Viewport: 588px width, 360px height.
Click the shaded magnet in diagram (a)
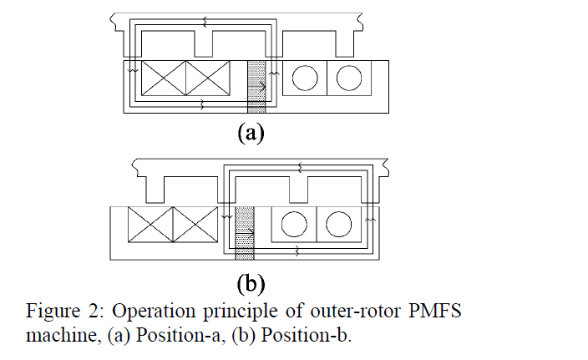click(256, 87)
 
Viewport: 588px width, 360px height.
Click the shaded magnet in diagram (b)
click(245, 233)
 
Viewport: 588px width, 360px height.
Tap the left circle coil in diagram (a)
click(305, 78)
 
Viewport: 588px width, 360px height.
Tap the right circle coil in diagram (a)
click(349, 78)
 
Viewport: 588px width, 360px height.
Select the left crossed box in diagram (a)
click(164, 78)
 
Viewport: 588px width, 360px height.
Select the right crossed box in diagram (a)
click(208, 78)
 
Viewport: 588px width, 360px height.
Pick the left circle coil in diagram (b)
click(294, 224)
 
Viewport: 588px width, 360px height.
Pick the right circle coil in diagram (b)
click(338, 224)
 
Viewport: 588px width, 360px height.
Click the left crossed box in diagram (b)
click(150, 224)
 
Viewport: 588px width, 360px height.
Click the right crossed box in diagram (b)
click(195, 224)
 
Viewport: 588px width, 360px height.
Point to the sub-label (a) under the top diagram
click(251, 133)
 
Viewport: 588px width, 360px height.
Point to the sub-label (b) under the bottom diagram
click(251, 283)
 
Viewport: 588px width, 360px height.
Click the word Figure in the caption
click(53, 312)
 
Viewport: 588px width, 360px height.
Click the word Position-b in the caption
click(306, 335)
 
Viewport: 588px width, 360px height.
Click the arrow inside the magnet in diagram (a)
click(257, 87)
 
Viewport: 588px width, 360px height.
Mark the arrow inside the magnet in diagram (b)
click(245, 233)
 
